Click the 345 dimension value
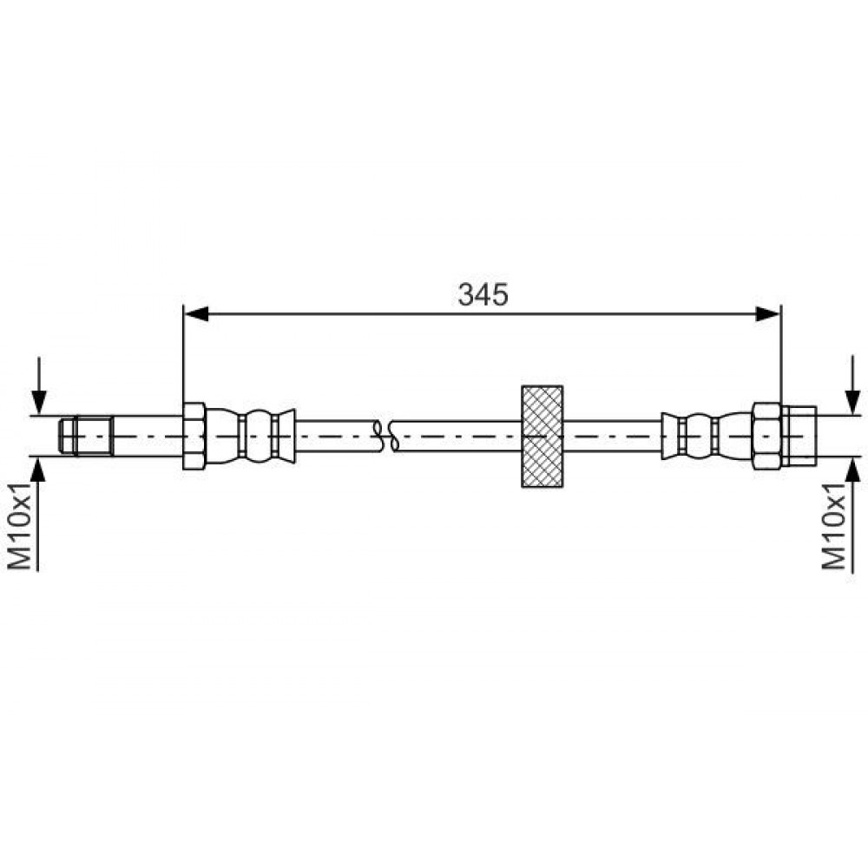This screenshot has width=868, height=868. click(483, 294)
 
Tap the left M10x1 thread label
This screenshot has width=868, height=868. click(21, 527)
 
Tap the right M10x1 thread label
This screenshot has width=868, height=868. click(833, 527)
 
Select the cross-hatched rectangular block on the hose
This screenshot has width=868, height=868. click(542, 437)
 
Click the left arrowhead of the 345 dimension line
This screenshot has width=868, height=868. click(196, 314)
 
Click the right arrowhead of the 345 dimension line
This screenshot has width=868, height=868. click(768, 314)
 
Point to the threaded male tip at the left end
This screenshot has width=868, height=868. click(86, 437)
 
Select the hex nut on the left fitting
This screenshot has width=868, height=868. click(194, 437)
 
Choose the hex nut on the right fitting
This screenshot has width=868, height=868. click(766, 437)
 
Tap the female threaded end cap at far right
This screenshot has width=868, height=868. click(799, 437)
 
